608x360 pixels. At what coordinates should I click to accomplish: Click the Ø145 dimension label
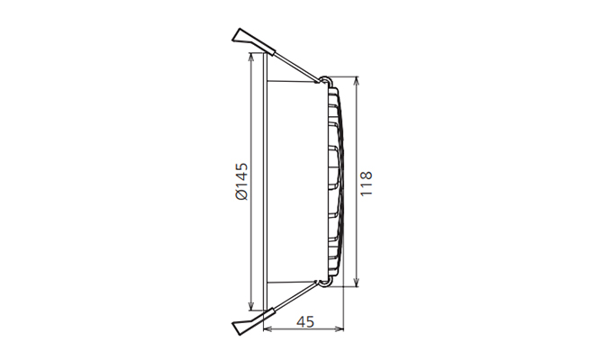[241, 181]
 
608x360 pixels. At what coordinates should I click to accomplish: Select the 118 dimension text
[366, 184]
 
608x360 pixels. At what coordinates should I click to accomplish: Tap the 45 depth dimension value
[305, 321]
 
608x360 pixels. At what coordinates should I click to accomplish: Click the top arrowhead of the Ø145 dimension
[251, 57]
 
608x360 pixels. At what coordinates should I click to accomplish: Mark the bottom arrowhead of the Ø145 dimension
[251, 306]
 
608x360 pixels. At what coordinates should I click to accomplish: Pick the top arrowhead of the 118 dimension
[357, 81]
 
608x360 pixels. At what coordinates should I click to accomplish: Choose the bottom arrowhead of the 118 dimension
[357, 283]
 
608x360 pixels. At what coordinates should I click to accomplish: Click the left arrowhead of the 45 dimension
[268, 329]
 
